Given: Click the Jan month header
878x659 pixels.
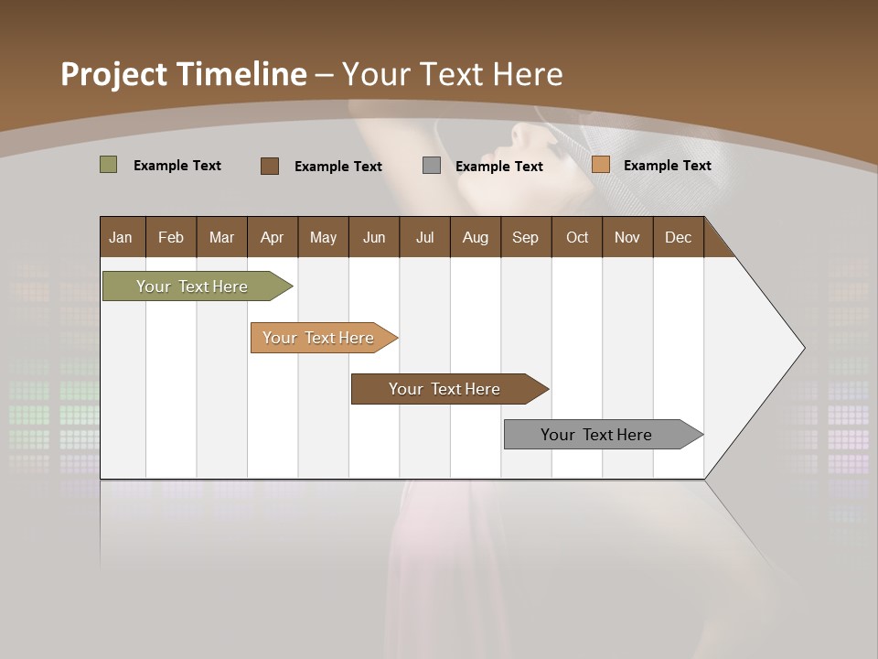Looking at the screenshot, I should point(121,237).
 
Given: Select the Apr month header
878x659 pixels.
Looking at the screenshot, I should point(272,237).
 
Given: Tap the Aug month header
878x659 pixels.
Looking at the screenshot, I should point(475,237).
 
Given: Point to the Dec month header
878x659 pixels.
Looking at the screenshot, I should point(678,237).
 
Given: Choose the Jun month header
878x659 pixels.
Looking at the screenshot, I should point(373,237).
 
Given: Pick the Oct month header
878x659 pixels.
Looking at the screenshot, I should point(577,237).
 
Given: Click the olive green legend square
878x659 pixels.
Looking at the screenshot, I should point(108,165).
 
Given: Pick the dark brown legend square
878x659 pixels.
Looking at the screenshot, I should point(269,166).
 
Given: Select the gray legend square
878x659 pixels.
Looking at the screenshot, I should point(432,166).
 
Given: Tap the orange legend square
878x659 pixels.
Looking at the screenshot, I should point(600,165).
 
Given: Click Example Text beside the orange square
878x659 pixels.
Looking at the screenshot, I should point(667,165).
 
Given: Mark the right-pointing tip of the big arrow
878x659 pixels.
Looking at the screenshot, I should point(802,348).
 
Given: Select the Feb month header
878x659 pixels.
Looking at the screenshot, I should point(171,237).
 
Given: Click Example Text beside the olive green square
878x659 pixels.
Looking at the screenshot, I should point(177,165).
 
